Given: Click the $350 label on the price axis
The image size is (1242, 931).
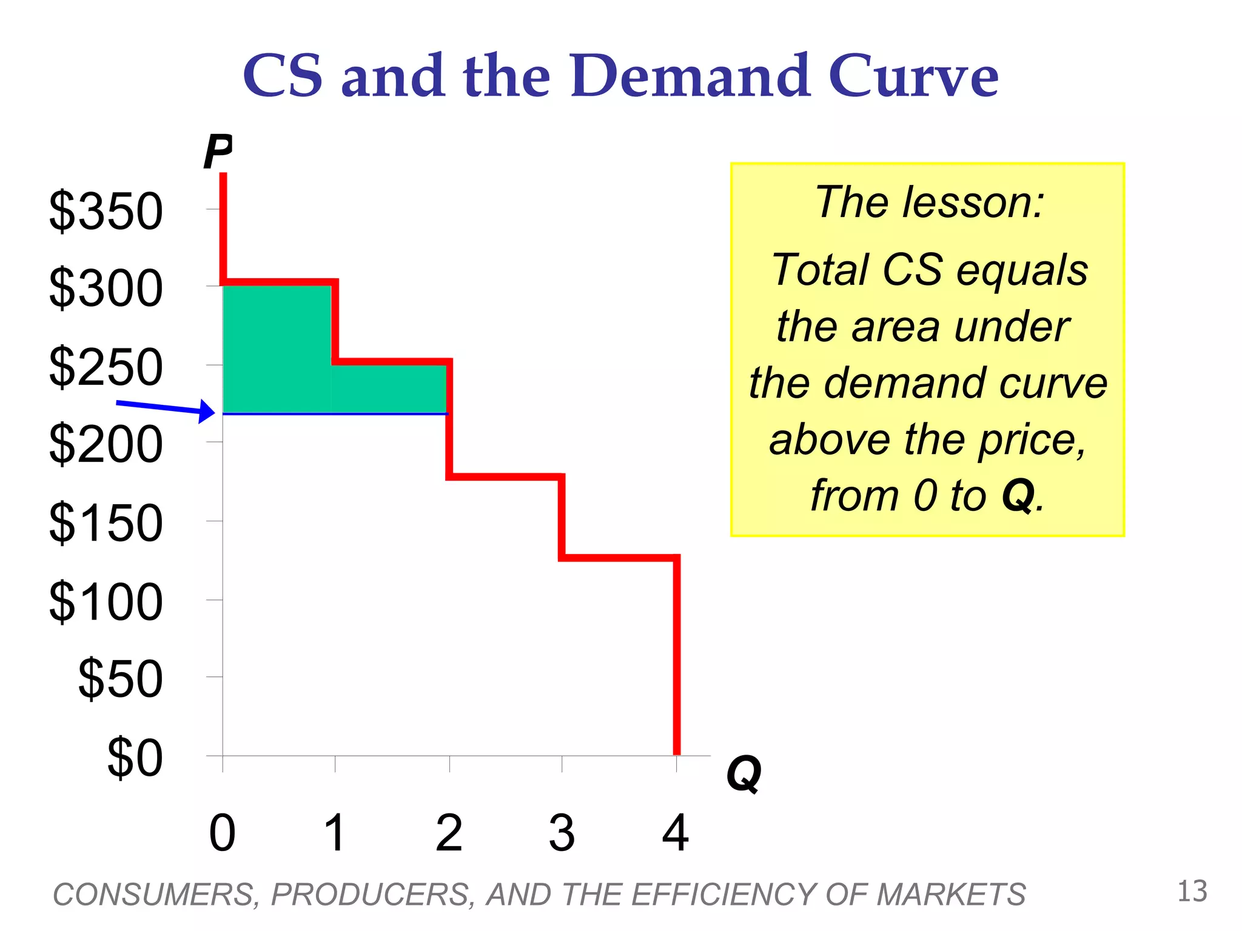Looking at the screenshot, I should coord(106,211).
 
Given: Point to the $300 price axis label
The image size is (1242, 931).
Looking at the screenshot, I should coord(106,289).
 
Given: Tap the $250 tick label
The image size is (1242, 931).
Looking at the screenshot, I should coord(106,367).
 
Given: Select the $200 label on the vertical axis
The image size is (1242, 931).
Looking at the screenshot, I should coord(106,445).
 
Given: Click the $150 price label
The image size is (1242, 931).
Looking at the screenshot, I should coord(106,522).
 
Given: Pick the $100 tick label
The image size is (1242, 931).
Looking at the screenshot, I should coord(106,601).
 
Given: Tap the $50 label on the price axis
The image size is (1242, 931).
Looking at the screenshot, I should coord(121,679).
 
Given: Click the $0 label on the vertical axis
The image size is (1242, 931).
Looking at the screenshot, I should coord(135,758).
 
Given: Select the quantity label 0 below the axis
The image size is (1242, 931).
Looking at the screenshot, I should coord(222,833).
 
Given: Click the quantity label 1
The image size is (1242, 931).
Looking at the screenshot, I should coord(335,833).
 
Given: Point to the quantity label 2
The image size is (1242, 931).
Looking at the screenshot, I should coord(449,833).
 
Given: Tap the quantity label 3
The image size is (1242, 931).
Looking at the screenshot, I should coord(562,833).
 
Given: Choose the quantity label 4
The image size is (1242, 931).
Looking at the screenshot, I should coord(676,833).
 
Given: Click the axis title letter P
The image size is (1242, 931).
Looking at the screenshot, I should coord(217,152).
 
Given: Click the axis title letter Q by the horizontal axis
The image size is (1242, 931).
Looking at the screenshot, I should coord(744,773).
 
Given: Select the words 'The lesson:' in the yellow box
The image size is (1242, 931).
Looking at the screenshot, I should coord(928,202).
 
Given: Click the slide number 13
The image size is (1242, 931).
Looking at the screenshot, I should coord(1192,892).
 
